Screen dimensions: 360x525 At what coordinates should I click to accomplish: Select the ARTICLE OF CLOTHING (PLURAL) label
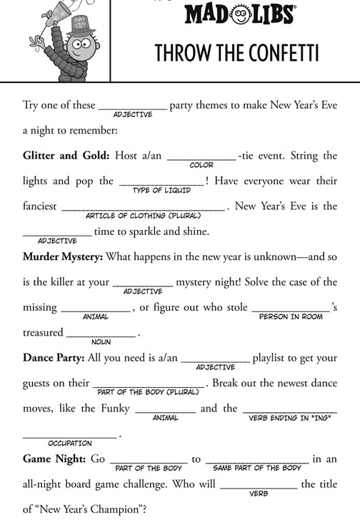point(144,216)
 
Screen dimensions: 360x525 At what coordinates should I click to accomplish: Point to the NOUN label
point(101,342)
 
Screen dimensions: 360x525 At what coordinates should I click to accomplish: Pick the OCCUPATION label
point(69,443)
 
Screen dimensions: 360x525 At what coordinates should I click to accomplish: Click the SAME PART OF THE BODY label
point(257,469)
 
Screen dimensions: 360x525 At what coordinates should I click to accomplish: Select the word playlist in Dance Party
point(276,358)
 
